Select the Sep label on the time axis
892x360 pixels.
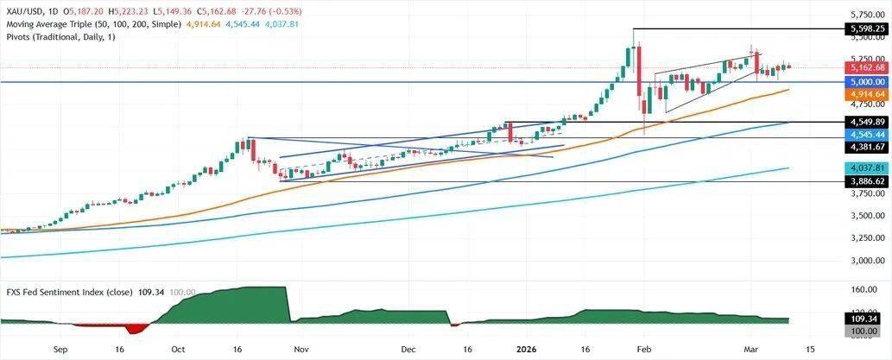pos(60,351)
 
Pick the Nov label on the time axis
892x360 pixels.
pos(300,351)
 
